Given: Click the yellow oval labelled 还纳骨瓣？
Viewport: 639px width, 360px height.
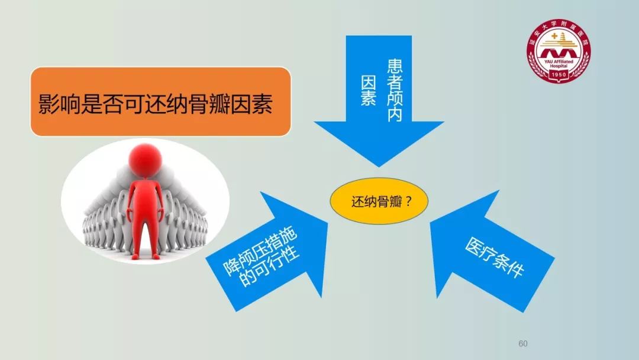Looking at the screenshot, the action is [x=379, y=201].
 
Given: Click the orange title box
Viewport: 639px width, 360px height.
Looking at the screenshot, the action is [x=160, y=101].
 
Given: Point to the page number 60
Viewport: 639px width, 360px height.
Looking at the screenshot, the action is [x=523, y=343].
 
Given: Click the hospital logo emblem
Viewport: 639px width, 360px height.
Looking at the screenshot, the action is [x=559, y=50].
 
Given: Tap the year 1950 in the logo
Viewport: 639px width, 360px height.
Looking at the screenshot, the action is [x=559, y=75].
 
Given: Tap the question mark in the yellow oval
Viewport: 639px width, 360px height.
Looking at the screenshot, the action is [x=409, y=201].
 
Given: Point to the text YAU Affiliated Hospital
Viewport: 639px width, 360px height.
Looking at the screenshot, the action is [x=559, y=63].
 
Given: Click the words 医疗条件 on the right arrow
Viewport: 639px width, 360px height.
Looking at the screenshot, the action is [x=494, y=258].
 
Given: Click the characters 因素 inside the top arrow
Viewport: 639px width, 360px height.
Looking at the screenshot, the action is [x=369, y=91].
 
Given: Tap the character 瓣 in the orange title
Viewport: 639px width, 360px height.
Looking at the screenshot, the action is [x=220, y=104].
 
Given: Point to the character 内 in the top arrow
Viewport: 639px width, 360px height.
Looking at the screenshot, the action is [x=395, y=114].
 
